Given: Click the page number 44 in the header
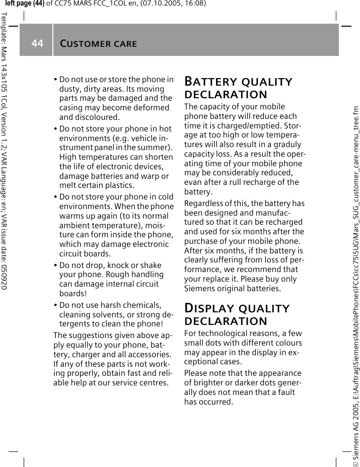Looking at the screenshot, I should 37,44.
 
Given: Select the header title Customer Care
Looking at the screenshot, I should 98,44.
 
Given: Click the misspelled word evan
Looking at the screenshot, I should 193,182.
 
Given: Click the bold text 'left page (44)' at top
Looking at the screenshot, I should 25,4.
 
